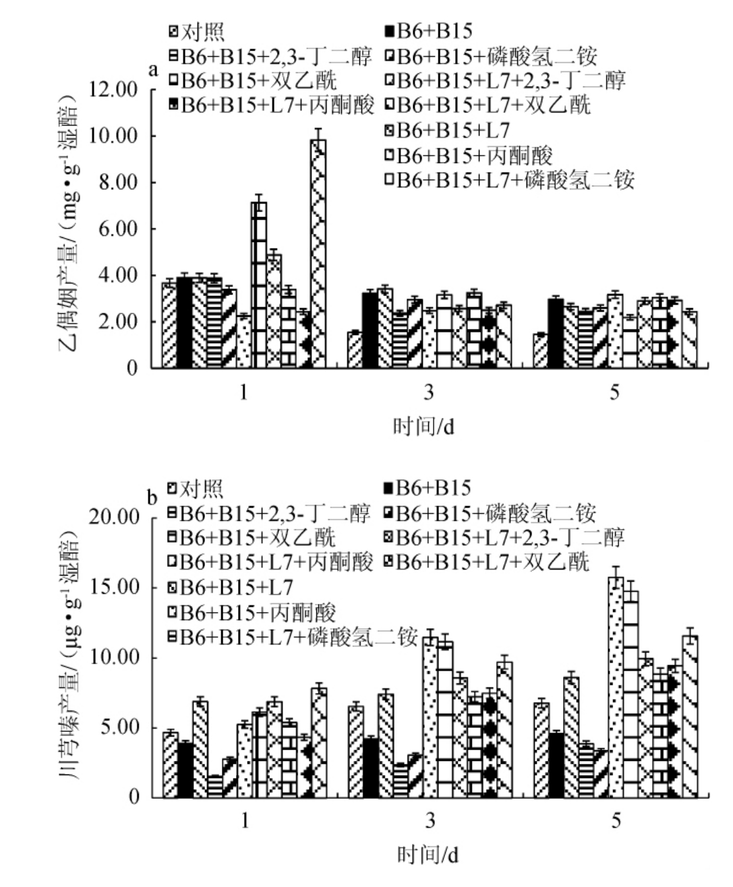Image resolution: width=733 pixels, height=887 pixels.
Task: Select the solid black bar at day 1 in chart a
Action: tap(184, 322)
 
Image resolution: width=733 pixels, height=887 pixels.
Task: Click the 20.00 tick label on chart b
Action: tap(115, 518)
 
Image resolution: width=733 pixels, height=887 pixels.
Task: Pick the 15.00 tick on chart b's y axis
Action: tap(115, 588)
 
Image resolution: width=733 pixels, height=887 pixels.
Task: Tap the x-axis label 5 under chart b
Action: tap(616, 821)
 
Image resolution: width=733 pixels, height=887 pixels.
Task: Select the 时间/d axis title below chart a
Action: tap(423, 426)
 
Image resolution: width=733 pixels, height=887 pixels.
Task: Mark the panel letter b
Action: tap(152, 499)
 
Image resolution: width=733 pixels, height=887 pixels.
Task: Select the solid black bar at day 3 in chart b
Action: tap(370, 768)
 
